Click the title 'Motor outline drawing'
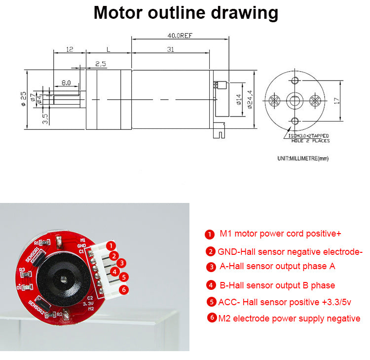(x=185, y=12)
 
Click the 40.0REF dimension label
(x=179, y=35)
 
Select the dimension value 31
(x=170, y=49)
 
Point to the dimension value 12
(x=69, y=49)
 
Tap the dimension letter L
(x=108, y=49)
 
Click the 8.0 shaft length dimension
(x=66, y=83)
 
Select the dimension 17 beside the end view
(x=337, y=100)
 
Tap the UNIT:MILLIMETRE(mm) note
(x=302, y=159)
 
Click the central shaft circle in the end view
(x=295, y=100)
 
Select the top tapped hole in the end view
(x=295, y=80)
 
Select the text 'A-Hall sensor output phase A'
(x=277, y=266)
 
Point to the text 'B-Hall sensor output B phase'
(x=277, y=285)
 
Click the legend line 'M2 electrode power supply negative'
(x=289, y=319)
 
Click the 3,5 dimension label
(x=45, y=119)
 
